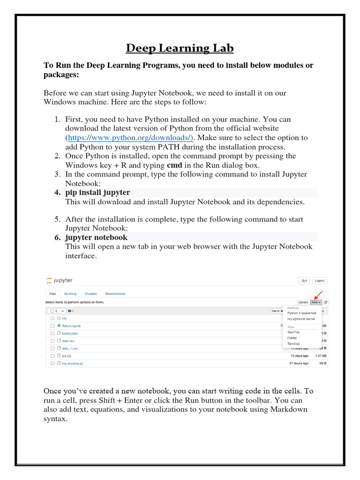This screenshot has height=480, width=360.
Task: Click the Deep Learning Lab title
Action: pos(180,48)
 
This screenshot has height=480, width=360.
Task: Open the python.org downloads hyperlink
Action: pos(130,138)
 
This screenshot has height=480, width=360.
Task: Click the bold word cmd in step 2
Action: pos(174,165)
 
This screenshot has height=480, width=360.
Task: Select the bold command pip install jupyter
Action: pos(97,193)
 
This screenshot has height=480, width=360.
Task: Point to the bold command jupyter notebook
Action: pos(96,238)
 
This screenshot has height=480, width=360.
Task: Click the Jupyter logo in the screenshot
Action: pos(59,280)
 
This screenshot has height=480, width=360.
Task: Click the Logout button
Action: pos(319,281)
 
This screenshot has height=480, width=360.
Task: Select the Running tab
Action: pos(70,294)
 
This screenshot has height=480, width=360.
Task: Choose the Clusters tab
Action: pos(90,294)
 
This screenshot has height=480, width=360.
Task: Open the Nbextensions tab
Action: pos(115,294)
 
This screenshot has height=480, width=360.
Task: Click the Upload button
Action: pos(303,302)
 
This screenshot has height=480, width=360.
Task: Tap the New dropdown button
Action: pos(316,302)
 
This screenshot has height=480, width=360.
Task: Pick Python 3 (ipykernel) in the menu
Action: pos(301,313)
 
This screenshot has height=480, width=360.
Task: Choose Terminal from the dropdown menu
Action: pos(293,344)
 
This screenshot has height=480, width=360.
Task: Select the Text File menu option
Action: pos(293,332)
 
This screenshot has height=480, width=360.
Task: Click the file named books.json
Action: pos(70,333)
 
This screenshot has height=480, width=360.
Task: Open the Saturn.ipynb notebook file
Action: pos(71,325)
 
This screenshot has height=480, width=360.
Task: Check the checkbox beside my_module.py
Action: pos(52,363)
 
